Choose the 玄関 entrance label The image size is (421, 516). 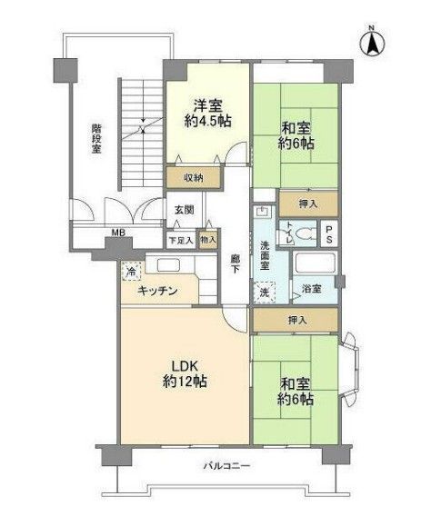[184, 209]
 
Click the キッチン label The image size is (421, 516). [156, 292]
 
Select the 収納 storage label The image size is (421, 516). [192, 178]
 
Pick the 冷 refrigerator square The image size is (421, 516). [132, 271]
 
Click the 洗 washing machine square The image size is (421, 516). [265, 292]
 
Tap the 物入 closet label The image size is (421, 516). [208, 240]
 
